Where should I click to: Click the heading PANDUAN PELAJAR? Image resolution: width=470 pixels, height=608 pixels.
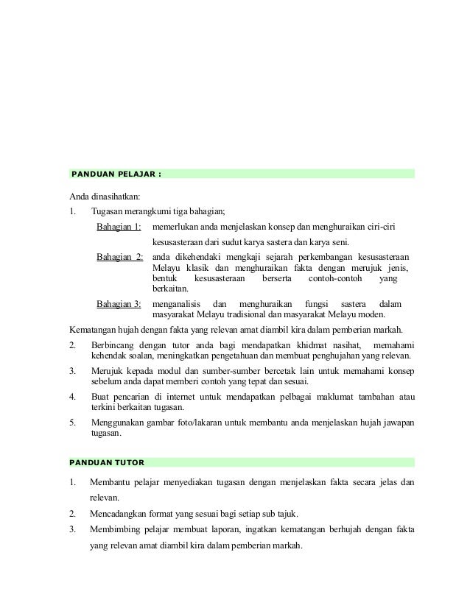pyautogui.click(x=114, y=174)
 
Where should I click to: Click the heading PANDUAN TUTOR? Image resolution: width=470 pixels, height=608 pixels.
pyautogui.click(x=106, y=462)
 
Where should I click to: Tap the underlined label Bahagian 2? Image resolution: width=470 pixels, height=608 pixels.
pyautogui.click(x=119, y=258)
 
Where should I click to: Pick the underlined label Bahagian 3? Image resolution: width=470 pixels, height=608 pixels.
pyautogui.click(x=119, y=304)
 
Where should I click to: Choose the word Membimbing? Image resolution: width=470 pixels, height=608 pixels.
pyautogui.click(x=118, y=530)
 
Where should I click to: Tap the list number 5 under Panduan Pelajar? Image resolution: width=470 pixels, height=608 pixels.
pyautogui.click(x=72, y=423)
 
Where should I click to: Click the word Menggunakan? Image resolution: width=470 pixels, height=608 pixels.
pyautogui.click(x=122, y=423)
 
